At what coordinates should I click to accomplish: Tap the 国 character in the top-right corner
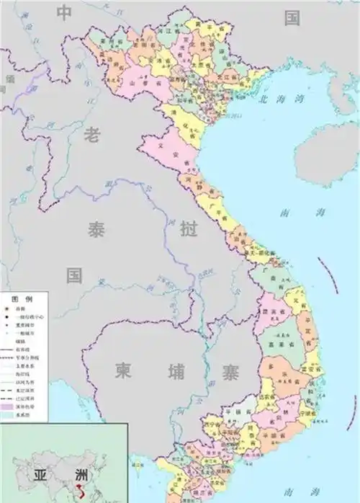pos(292,18)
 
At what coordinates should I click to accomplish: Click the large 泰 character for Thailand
pos(96,230)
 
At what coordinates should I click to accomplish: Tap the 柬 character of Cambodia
pos(123,371)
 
